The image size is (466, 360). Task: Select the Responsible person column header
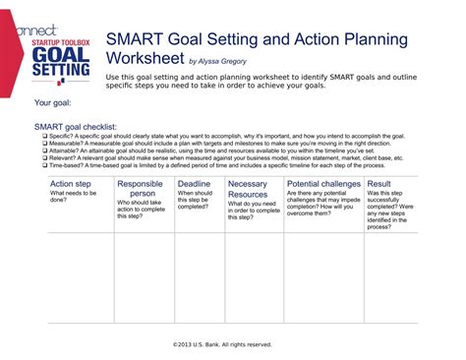click(140, 189)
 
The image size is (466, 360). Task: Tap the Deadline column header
click(194, 183)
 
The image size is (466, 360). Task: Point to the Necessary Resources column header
click(248, 189)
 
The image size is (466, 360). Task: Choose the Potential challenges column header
click(323, 183)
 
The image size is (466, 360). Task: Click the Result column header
click(379, 183)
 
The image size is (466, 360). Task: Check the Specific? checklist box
click(37, 135)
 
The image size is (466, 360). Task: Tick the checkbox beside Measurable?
click(37, 143)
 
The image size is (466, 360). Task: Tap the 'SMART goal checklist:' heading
click(76, 127)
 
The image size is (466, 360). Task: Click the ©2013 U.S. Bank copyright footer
click(222, 344)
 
